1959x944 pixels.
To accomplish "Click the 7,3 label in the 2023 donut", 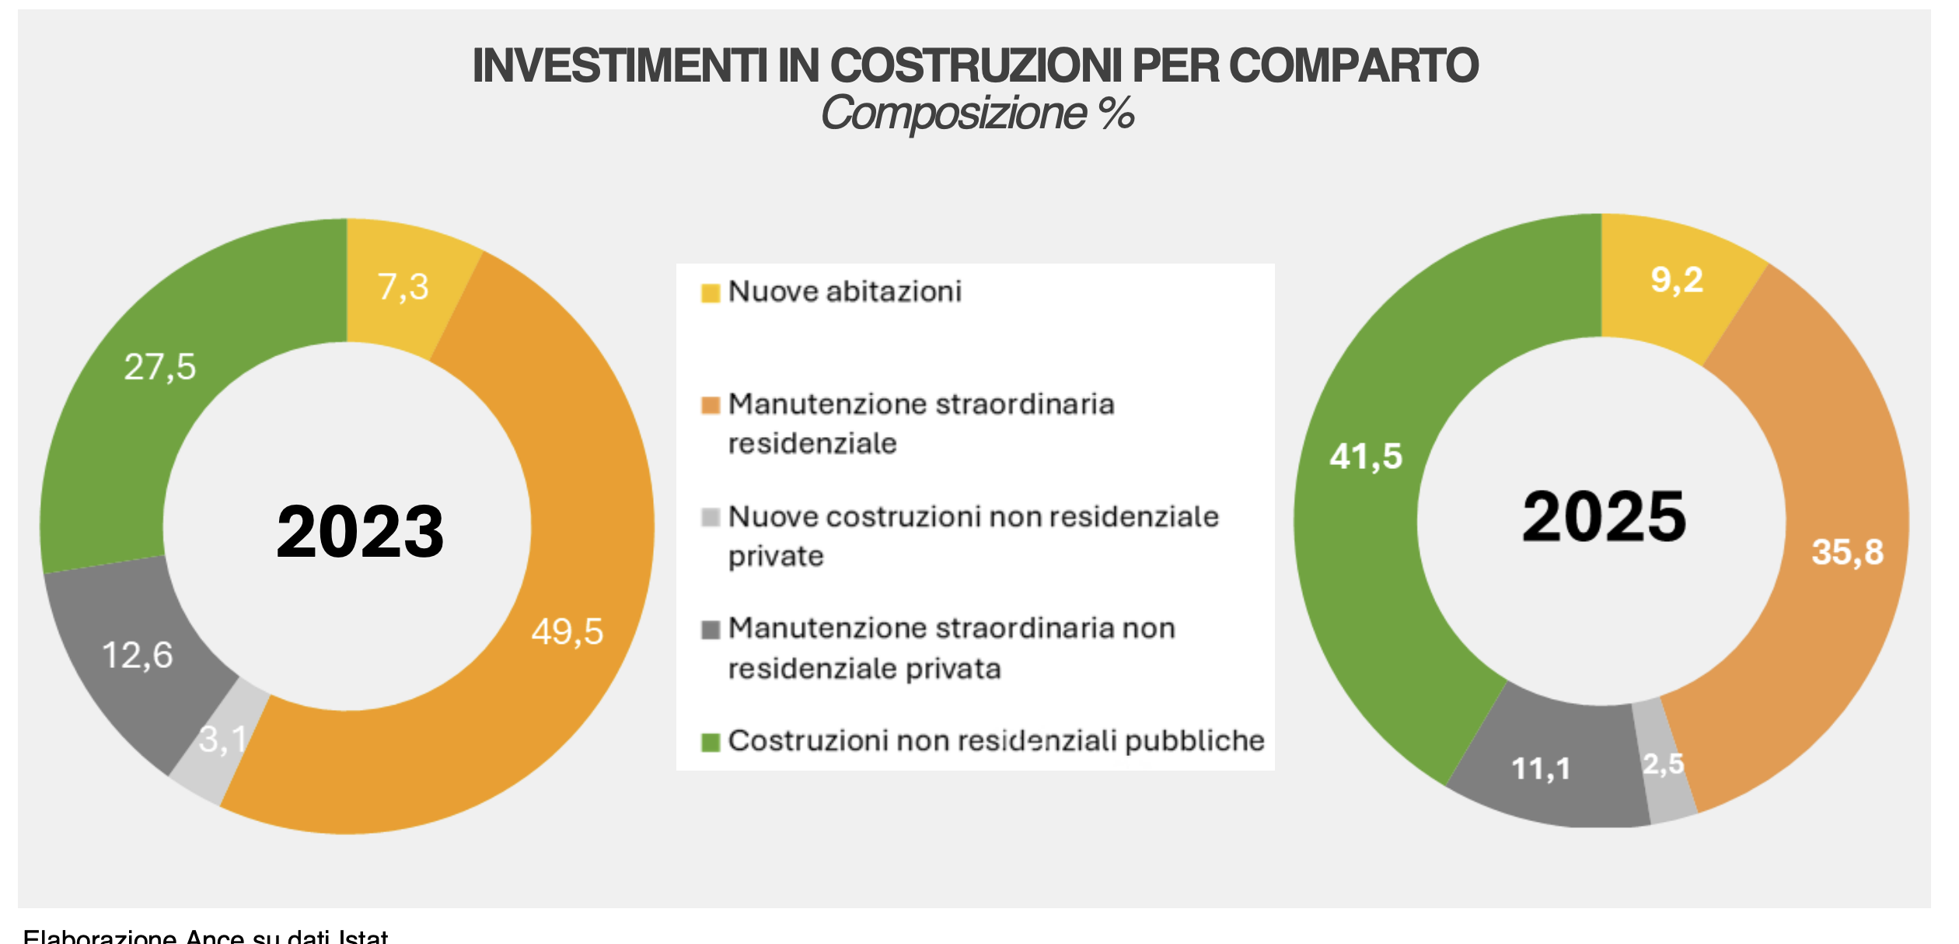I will (x=403, y=287).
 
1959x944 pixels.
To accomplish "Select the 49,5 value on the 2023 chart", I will (x=567, y=631).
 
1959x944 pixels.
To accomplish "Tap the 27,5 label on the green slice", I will (x=160, y=367).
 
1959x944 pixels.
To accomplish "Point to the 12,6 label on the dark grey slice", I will (x=138, y=656).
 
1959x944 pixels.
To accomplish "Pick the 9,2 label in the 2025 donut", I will (x=1677, y=280).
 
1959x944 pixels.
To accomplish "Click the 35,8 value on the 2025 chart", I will (x=1848, y=552).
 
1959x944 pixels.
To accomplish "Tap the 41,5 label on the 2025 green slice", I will (x=1366, y=456).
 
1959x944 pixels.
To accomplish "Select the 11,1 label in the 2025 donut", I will (x=1541, y=769).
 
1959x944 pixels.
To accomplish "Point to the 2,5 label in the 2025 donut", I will (x=1664, y=764).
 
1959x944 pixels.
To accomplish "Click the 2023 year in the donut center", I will (x=360, y=531).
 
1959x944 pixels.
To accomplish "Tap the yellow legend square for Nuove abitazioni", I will (x=711, y=293).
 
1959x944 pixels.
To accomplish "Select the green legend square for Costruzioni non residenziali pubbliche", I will (x=711, y=743).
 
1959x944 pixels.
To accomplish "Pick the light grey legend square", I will (x=711, y=518).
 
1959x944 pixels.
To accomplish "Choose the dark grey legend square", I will (x=711, y=630).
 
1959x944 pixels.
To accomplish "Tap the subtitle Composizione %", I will (x=977, y=114).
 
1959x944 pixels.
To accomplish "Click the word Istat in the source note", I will (x=363, y=935).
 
